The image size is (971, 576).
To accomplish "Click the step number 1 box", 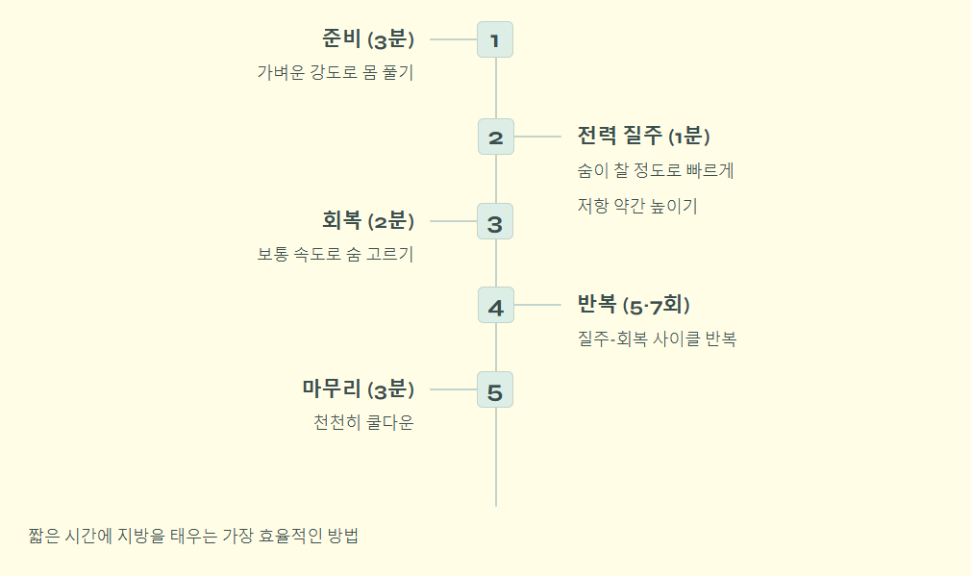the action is click(495, 39).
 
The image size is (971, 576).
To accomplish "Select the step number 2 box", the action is click(495, 137).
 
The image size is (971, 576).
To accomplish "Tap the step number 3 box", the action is click(495, 221).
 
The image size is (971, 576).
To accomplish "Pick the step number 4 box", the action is click(495, 305).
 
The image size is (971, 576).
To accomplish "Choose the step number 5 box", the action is click(495, 389).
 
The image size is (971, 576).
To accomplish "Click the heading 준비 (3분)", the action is click(368, 39).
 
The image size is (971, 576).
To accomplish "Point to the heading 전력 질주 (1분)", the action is click(643, 136).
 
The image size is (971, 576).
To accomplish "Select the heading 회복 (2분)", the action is click(368, 220).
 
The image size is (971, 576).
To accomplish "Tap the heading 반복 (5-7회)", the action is click(634, 305).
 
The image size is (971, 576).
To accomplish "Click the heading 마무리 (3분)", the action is click(358, 389).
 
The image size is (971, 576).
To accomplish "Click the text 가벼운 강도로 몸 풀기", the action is click(335, 73).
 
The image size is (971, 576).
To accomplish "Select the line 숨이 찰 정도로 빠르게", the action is click(656, 171).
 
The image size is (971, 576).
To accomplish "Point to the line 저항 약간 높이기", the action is click(636, 206).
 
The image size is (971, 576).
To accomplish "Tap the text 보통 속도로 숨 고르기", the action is click(335, 255).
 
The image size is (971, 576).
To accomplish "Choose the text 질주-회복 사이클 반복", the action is click(657, 338).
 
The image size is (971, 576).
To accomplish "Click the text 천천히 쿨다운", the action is click(363, 423).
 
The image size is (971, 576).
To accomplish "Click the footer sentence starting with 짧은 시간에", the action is click(193, 537).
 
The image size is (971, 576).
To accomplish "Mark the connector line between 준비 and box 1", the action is click(454, 39).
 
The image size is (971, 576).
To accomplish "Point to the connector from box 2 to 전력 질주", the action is click(537, 137).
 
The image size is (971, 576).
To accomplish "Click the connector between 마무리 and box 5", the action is click(454, 389).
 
